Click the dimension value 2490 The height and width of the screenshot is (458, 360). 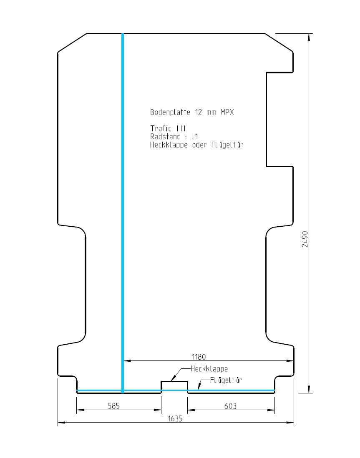point(305,239)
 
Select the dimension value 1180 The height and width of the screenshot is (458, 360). point(199,357)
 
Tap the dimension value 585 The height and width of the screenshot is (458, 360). point(114,406)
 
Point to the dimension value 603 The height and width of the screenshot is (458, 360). point(230,406)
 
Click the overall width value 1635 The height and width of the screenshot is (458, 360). point(175,418)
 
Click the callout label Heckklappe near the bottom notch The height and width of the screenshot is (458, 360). point(209,369)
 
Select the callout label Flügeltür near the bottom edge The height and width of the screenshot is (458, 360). point(226,380)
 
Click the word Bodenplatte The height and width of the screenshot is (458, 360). point(170,112)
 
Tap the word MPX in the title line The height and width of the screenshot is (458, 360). point(227,112)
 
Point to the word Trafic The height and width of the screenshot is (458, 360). point(161,128)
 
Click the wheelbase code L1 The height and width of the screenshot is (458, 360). point(194,136)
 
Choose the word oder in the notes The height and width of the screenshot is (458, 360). point(199,145)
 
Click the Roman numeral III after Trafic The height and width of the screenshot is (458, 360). point(181,128)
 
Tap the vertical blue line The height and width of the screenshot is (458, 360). point(123,213)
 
